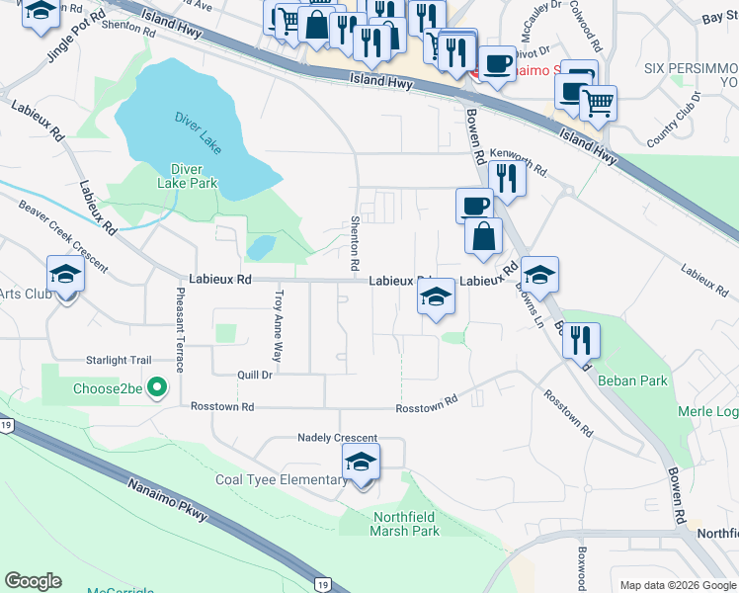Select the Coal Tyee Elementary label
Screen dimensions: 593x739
tap(282, 480)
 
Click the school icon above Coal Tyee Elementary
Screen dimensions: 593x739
tap(362, 462)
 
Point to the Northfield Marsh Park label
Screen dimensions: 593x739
tap(406, 524)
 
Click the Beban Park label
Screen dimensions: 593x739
tap(632, 381)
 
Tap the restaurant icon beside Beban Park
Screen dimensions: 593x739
tap(581, 341)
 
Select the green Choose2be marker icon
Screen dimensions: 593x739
tap(155, 388)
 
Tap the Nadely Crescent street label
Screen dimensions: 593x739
tap(338, 438)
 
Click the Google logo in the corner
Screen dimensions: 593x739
tap(33, 581)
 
